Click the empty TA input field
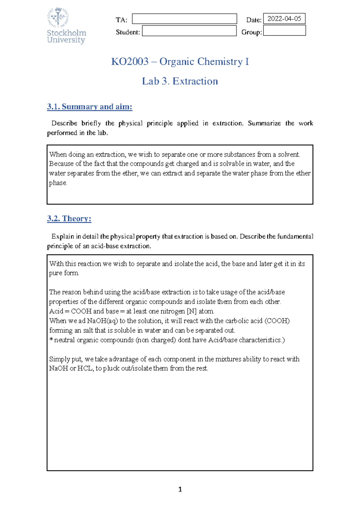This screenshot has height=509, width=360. click(x=184, y=19)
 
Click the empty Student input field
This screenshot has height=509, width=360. click(x=189, y=31)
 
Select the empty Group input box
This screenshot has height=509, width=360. click(x=284, y=31)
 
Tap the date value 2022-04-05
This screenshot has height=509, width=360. click(x=284, y=19)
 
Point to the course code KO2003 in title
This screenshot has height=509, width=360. click(x=130, y=61)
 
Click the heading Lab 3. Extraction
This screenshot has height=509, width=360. click(x=180, y=81)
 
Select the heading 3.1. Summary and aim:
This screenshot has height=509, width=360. click(x=89, y=107)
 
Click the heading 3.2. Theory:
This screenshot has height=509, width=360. click(x=69, y=219)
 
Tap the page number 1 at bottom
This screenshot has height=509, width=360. click(x=180, y=490)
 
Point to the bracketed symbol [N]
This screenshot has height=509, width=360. click(x=191, y=311)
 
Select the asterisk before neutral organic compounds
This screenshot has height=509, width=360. click(x=51, y=340)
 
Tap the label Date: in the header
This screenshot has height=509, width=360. click(x=254, y=20)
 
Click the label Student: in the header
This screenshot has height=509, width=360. click(x=128, y=32)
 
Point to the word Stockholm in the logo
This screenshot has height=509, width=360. click(x=67, y=33)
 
